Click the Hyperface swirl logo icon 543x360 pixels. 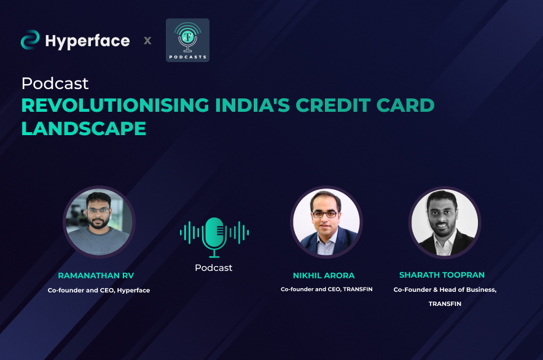[x=30, y=40]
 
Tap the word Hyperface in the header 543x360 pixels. [x=88, y=42]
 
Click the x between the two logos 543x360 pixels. [x=147, y=41]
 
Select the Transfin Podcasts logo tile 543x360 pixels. [x=187, y=40]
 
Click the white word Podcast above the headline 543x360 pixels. [x=55, y=84]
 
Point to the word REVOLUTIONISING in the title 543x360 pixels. [x=115, y=105]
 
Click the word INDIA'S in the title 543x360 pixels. [x=252, y=105]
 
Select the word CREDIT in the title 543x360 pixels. [x=333, y=105]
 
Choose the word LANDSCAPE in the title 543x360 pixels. [x=84, y=128]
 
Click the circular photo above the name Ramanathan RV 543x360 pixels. [x=99, y=222]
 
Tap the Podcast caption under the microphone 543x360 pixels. [x=214, y=267]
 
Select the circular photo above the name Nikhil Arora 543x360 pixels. [x=326, y=222]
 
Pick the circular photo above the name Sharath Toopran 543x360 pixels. [x=445, y=222]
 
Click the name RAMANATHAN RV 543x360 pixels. [x=96, y=275]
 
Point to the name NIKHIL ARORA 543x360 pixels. [x=324, y=275]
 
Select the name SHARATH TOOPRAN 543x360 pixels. [x=442, y=275]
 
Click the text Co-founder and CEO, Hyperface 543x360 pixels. [x=99, y=291]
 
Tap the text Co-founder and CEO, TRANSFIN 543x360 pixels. [x=327, y=289]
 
